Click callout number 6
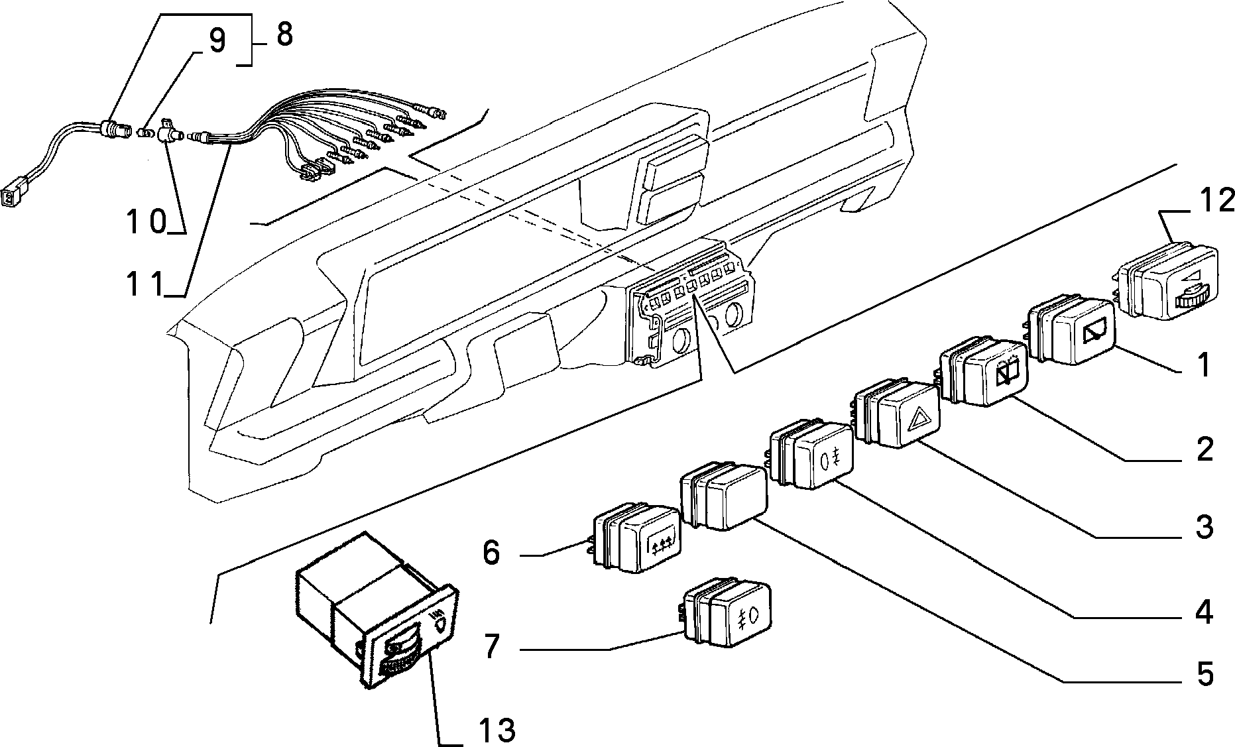[491, 552]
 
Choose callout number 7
[491, 646]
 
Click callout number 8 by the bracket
[284, 34]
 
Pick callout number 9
[217, 41]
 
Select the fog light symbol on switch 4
[831, 459]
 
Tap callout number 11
[145, 284]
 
